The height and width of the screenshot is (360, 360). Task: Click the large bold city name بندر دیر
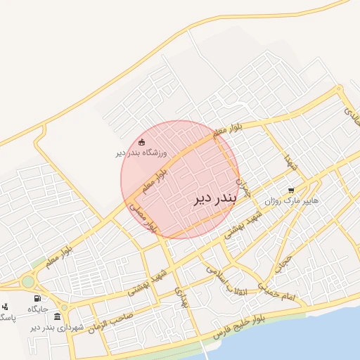pos(215,199)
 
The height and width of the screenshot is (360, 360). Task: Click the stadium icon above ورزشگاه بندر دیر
pos(141,142)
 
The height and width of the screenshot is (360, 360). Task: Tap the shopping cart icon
pos(291,191)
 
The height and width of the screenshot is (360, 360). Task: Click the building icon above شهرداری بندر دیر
pos(57,316)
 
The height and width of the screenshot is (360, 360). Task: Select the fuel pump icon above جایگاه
pos(37,298)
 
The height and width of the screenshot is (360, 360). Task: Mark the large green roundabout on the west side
pos(28,281)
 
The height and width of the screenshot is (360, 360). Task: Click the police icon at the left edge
pos(5,307)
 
